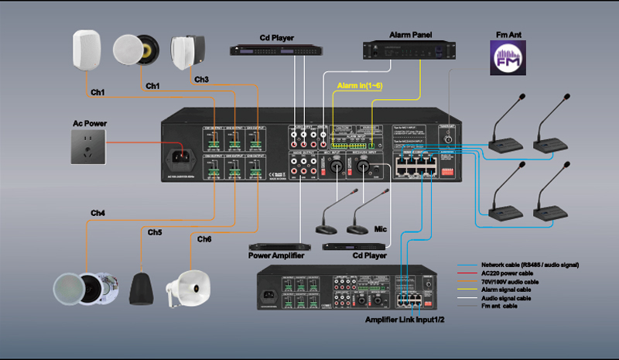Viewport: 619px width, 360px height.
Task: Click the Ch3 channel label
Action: [201, 80]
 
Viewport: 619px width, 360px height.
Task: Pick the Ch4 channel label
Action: [97, 212]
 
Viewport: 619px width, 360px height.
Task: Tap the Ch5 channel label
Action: [155, 232]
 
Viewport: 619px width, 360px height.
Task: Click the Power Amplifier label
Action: [276, 255]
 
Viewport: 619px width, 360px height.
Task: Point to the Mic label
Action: [379, 230]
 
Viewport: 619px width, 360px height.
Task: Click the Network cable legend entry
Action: [530, 265]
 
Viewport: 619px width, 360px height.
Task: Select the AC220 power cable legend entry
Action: [507, 273]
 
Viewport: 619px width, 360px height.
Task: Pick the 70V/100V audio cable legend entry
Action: [511, 281]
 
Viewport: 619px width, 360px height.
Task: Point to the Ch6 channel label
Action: [204, 239]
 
